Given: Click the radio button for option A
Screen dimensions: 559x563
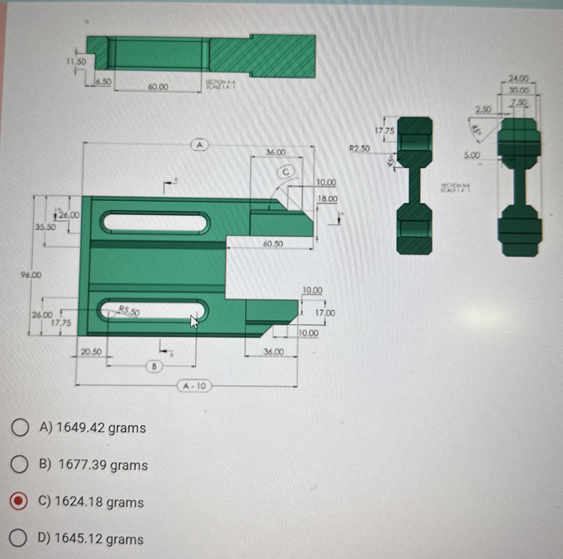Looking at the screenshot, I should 20,428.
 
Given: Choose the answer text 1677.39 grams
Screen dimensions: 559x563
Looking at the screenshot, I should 103,465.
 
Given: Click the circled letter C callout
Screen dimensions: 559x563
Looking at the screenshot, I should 286,172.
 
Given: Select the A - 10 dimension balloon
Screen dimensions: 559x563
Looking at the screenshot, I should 194,386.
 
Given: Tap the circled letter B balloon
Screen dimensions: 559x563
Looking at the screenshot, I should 154,366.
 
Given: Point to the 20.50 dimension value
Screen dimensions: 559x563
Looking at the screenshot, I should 91,352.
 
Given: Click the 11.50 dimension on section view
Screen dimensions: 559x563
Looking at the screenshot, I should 76,62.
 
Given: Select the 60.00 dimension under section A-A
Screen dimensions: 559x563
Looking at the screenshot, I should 158,87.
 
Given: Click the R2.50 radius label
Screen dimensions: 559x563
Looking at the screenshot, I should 359,149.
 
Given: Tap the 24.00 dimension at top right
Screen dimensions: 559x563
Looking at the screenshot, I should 518,78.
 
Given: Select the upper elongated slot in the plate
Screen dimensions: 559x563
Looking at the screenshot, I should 155,223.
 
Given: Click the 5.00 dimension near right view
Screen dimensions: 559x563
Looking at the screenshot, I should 472,155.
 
